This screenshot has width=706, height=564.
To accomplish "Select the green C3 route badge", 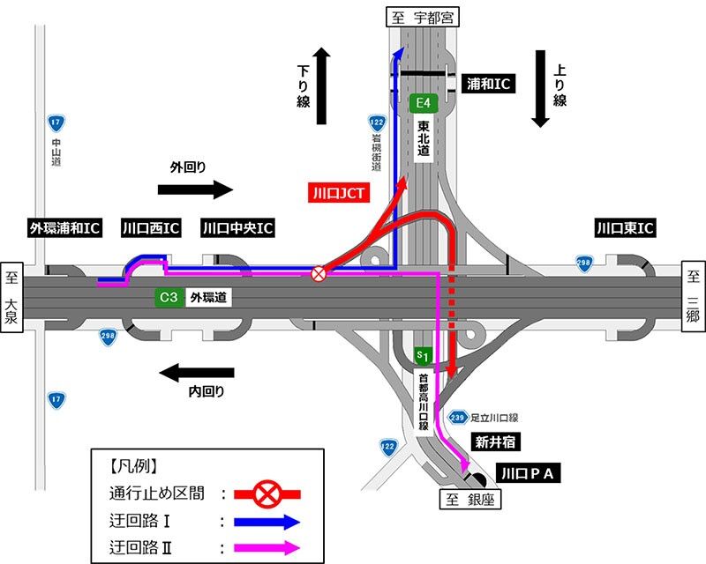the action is pyautogui.click(x=168, y=298).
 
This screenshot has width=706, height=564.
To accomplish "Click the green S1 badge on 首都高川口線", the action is pyautogui.click(x=423, y=356).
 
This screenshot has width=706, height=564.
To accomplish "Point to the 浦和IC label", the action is pyautogui.click(x=489, y=83).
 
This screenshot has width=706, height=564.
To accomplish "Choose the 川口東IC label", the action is pyautogui.click(x=624, y=229).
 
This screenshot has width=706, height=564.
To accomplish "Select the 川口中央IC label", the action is pyautogui.click(x=237, y=229).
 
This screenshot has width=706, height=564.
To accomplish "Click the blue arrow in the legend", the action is pyautogui.click(x=265, y=521).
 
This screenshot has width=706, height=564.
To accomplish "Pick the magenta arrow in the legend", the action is pyautogui.click(x=265, y=547).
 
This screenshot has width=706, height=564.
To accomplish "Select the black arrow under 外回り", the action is pyautogui.click(x=195, y=189).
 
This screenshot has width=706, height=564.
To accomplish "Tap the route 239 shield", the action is pyautogui.click(x=457, y=417).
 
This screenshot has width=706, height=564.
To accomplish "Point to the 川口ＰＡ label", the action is pyautogui.click(x=529, y=473).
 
